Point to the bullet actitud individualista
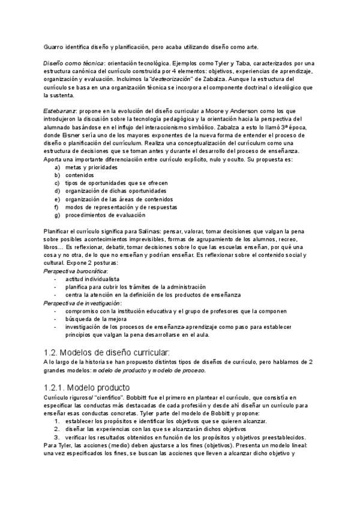(92, 279)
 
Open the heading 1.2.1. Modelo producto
(86, 387)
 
